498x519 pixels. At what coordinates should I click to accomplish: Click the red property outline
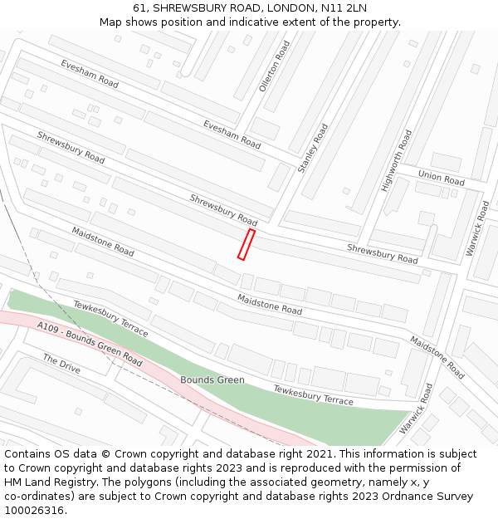point(246,245)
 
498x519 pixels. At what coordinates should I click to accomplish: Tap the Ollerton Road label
point(275,66)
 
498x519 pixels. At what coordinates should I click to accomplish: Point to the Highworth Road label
point(396,161)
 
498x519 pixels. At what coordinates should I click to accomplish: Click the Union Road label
point(441,178)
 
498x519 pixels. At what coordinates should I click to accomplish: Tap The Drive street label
point(61,364)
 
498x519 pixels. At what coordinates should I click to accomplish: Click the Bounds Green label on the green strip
point(212,380)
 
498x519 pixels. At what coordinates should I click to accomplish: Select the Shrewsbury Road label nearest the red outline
point(223,210)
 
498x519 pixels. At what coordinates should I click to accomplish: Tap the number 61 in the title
point(139,8)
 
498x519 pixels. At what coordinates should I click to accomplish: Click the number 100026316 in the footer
point(33,511)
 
